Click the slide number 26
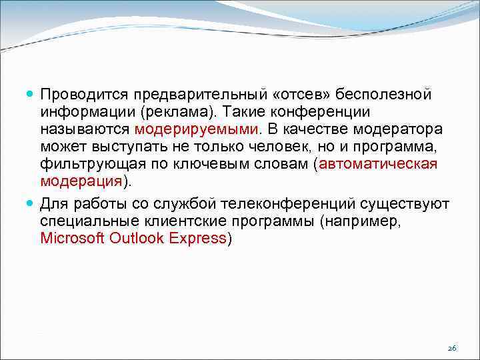coord(451,349)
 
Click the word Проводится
coord(84,93)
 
